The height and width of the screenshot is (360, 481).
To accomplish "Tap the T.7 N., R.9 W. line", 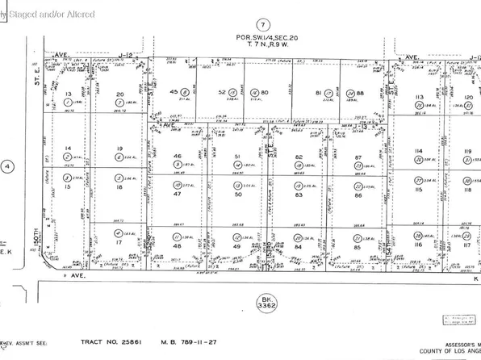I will tap(260, 47).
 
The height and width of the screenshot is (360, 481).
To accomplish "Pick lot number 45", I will tap(175, 92).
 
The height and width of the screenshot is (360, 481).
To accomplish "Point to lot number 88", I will tap(361, 92).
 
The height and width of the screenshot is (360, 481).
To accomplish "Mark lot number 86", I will tap(360, 195).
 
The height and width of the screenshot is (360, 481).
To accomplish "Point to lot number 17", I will tap(119, 242).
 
